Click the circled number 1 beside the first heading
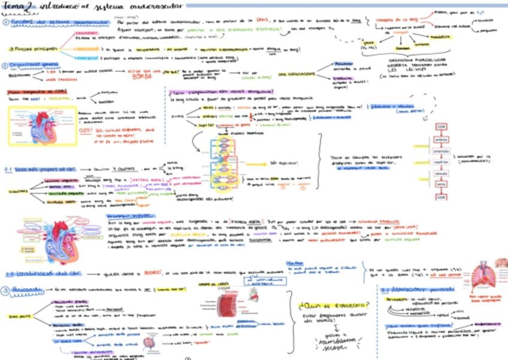point(5,22)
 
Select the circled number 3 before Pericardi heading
point(5,290)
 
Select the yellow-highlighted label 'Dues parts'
point(19,317)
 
